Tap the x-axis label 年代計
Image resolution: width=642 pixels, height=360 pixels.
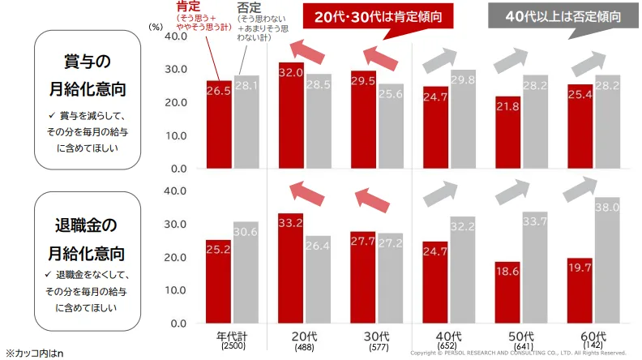pyautogui.click(x=233, y=336)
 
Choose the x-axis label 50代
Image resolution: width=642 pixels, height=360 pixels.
pyautogui.click(x=520, y=336)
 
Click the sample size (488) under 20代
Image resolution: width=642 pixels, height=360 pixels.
pyautogui.click(x=305, y=346)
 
